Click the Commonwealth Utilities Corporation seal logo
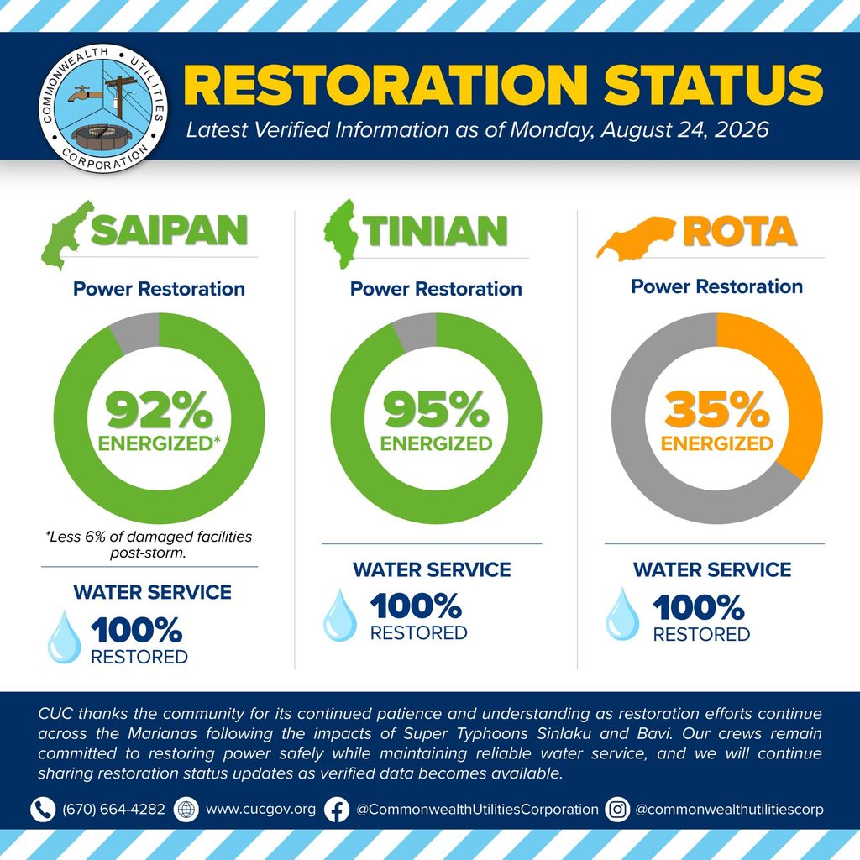click(103, 108)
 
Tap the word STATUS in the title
click(714, 85)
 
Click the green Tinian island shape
click(341, 234)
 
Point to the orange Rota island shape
click(635, 238)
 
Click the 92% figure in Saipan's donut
click(159, 409)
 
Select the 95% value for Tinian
click(436, 409)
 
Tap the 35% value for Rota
click(717, 409)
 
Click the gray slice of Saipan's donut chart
click(137, 331)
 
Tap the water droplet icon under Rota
click(622, 614)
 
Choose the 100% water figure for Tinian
click(417, 606)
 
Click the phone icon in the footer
click(43, 810)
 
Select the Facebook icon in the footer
click(337, 810)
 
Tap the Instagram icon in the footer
click(617, 810)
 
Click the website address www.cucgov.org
click(260, 810)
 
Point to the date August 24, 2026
click(685, 130)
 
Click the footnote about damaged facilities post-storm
click(149, 544)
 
